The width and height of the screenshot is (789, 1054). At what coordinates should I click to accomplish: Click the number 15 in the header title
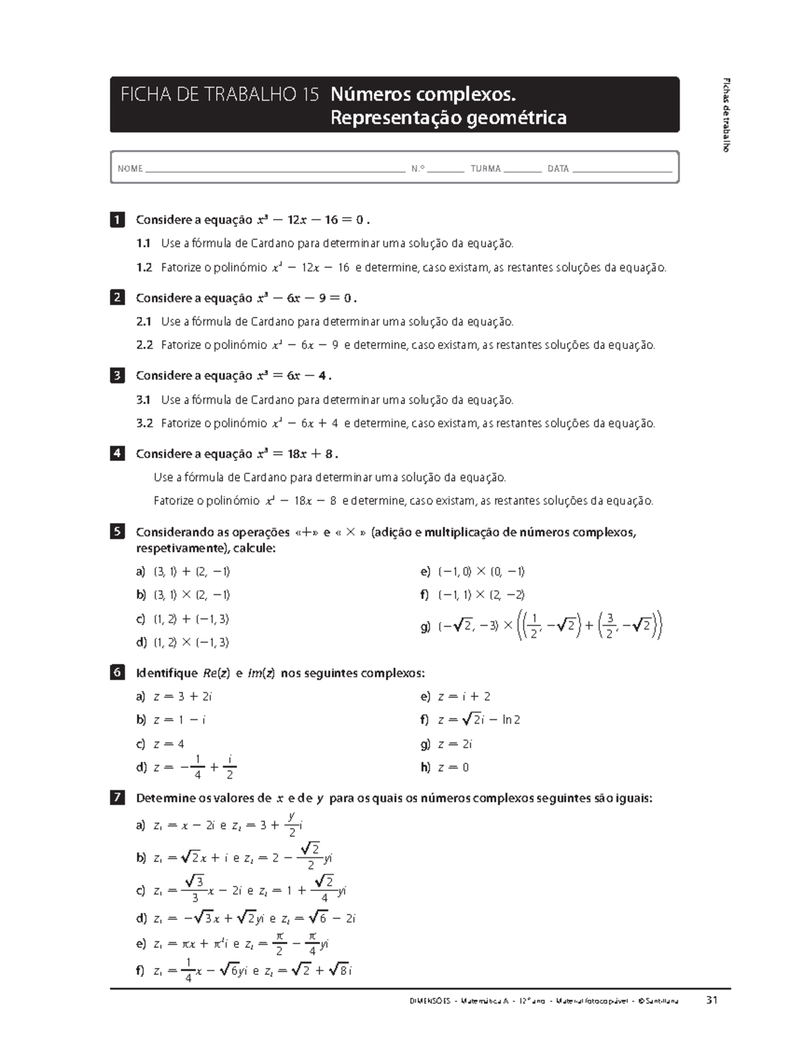click(310, 95)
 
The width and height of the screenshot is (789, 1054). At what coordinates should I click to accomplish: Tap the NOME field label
click(130, 169)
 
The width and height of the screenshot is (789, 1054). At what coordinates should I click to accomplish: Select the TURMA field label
click(485, 169)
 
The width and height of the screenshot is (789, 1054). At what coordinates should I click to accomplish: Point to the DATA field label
click(558, 169)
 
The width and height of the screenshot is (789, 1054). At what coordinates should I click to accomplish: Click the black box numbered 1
click(117, 220)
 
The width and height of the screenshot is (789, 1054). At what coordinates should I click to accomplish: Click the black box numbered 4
click(117, 454)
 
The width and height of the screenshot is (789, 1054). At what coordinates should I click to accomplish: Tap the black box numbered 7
click(117, 798)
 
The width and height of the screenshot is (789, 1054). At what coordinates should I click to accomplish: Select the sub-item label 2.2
click(145, 345)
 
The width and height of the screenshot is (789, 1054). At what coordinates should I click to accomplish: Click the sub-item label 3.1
click(144, 400)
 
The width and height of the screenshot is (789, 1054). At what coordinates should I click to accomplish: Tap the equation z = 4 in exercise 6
click(169, 744)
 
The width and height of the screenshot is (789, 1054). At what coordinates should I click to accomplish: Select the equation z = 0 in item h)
click(454, 767)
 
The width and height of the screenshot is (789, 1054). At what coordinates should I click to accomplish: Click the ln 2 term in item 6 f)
click(511, 720)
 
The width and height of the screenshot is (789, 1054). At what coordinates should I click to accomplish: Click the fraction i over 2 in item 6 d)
click(229, 767)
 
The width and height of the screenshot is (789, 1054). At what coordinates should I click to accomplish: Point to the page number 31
click(711, 1001)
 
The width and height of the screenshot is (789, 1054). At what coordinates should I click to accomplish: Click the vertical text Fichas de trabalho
click(727, 115)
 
